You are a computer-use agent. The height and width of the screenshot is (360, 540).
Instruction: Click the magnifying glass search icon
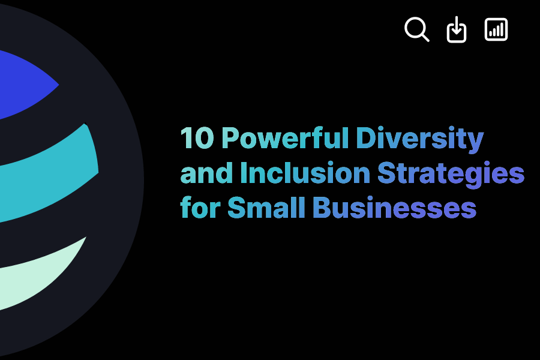coord(416,29)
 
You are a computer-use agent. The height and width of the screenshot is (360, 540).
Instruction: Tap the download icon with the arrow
coord(457,30)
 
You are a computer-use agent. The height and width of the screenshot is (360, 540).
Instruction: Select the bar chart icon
coord(496,29)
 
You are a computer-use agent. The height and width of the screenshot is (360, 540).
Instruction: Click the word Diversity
coord(419,139)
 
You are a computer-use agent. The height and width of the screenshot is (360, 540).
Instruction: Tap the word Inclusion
coord(304,173)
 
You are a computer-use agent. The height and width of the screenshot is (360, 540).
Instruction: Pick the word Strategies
coord(451,174)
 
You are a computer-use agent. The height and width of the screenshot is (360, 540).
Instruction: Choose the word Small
coord(266,208)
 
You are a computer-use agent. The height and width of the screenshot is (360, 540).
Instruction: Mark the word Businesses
coord(394,208)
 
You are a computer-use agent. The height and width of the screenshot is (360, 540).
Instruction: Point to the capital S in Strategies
coord(385,173)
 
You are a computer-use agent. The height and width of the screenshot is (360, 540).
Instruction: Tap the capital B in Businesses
coord(321,208)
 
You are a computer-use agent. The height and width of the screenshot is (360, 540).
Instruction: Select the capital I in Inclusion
coord(243,173)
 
